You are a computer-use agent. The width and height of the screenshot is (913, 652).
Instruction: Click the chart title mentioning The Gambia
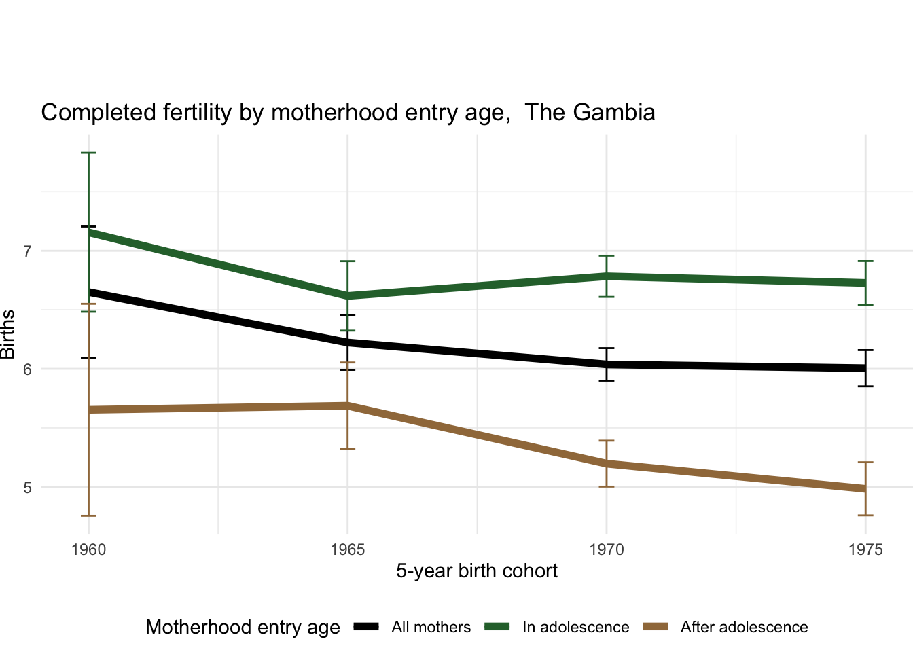tap(348, 112)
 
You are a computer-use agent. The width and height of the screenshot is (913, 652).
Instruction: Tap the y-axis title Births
tap(8, 334)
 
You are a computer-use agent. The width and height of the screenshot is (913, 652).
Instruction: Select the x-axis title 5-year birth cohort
tap(477, 570)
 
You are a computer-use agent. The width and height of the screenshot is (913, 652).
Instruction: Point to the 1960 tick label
tap(88, 549)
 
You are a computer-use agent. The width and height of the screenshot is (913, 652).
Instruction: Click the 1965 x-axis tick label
tap(347, 549)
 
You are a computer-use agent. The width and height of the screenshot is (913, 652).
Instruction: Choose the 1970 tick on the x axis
tap(607, 549)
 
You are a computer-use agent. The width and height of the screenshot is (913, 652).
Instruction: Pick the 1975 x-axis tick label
tap(865, 549)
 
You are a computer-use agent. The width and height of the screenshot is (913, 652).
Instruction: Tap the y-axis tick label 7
tap(27, 251)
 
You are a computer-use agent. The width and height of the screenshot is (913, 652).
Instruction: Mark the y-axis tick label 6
tap(27, 369)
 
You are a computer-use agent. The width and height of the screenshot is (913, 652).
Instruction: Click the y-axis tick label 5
tap(27, 488)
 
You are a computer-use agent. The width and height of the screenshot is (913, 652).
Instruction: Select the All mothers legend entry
tap(431, 627)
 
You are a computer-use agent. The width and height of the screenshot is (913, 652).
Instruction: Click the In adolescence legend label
tap(575, 627)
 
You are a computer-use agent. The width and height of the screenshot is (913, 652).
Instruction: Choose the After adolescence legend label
tap(744, 627)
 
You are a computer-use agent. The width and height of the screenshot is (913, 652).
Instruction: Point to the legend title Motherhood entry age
tap(243, 627)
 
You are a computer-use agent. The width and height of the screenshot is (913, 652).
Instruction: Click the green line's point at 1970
tap(607, 276)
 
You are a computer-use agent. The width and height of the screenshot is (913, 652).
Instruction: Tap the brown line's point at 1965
tap(347, 405)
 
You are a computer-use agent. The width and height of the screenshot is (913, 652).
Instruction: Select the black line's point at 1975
tap(865, 368)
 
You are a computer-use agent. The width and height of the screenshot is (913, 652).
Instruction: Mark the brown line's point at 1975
tap(865, 489)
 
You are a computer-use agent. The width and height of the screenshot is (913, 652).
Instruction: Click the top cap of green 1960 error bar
tap(88, 153)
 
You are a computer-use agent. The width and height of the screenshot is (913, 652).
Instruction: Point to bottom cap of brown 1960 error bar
tap(88, 516)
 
